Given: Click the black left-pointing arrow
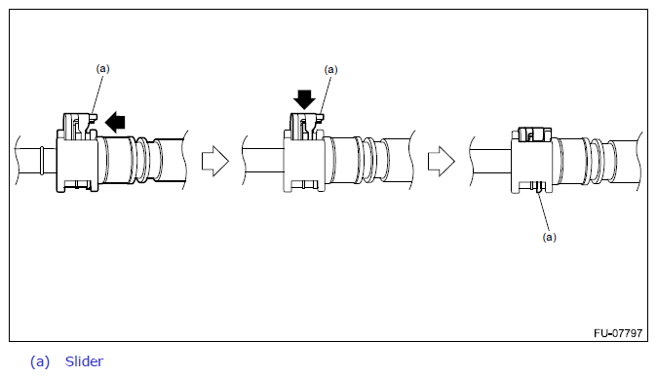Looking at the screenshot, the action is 115,122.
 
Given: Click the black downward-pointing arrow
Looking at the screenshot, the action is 304,99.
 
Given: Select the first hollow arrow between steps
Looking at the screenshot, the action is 215,161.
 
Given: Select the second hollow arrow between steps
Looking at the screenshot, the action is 442,161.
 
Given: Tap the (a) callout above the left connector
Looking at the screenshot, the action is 102,68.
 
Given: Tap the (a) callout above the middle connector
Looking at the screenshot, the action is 331,69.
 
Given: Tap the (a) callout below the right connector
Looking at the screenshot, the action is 550,237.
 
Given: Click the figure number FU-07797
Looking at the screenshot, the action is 618,333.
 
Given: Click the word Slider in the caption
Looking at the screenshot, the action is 84,361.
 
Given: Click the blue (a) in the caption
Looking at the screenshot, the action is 40,361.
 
